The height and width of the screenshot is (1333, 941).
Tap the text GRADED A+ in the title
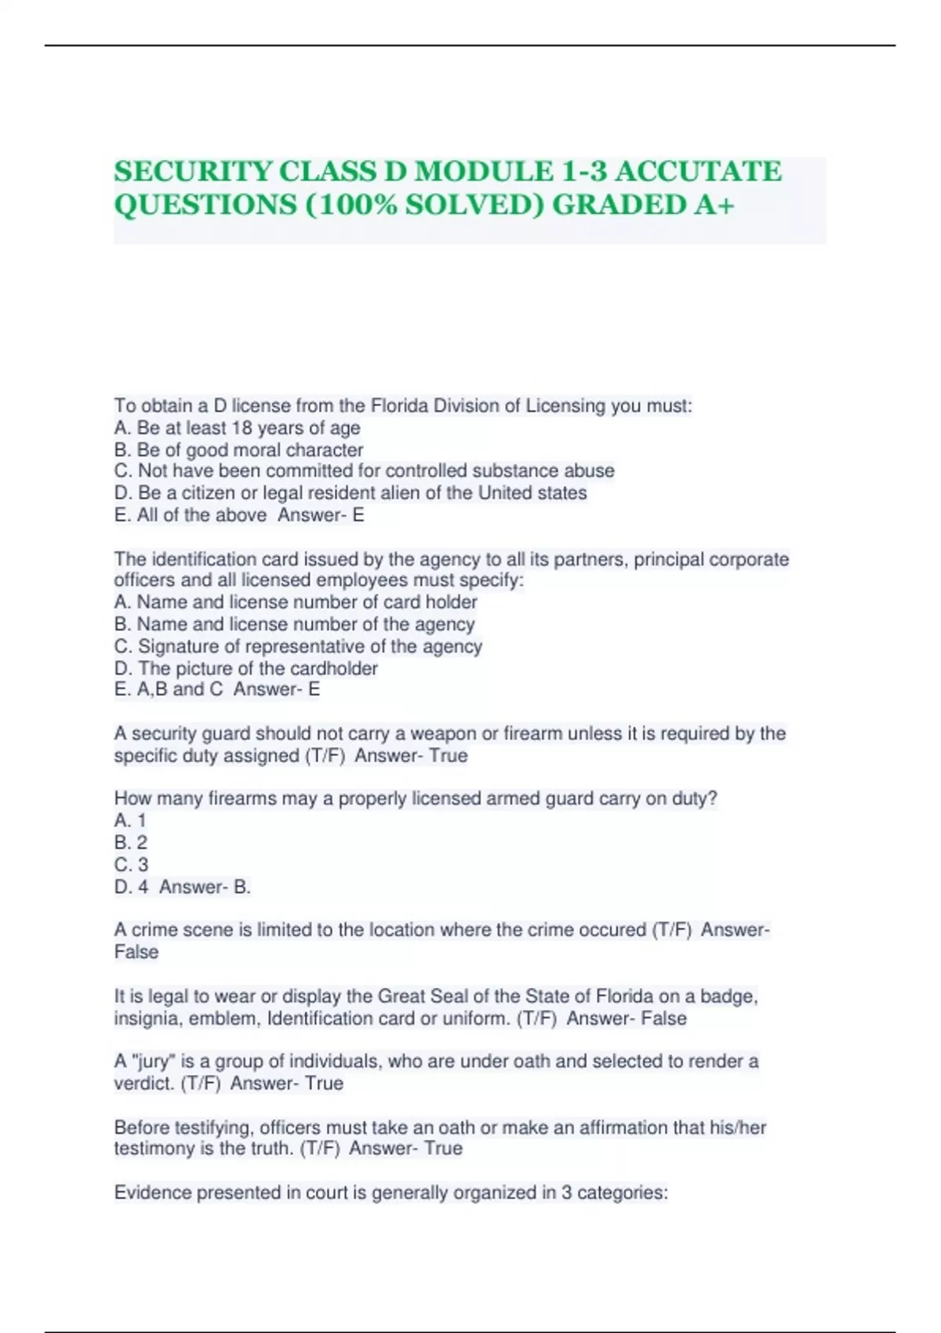(643, 205)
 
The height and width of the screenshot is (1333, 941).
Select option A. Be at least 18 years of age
(237, 428)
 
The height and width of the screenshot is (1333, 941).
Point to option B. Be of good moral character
(238, 450)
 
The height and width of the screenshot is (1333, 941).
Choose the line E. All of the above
(191, 515)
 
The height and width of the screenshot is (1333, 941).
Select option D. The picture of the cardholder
(245, 669)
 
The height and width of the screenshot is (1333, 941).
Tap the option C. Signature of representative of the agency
(298, 647)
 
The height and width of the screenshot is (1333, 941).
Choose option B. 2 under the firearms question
(131, 843)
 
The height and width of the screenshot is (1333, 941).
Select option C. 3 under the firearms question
(131, 865)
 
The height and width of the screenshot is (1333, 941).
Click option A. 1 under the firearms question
(130, 821)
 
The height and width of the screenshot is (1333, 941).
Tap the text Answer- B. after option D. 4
(205, 887)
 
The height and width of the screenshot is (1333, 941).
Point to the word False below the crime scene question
(136, 952)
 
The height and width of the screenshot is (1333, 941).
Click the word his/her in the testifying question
(738, 1128)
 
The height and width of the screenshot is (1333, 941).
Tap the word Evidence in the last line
(152, 1193)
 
